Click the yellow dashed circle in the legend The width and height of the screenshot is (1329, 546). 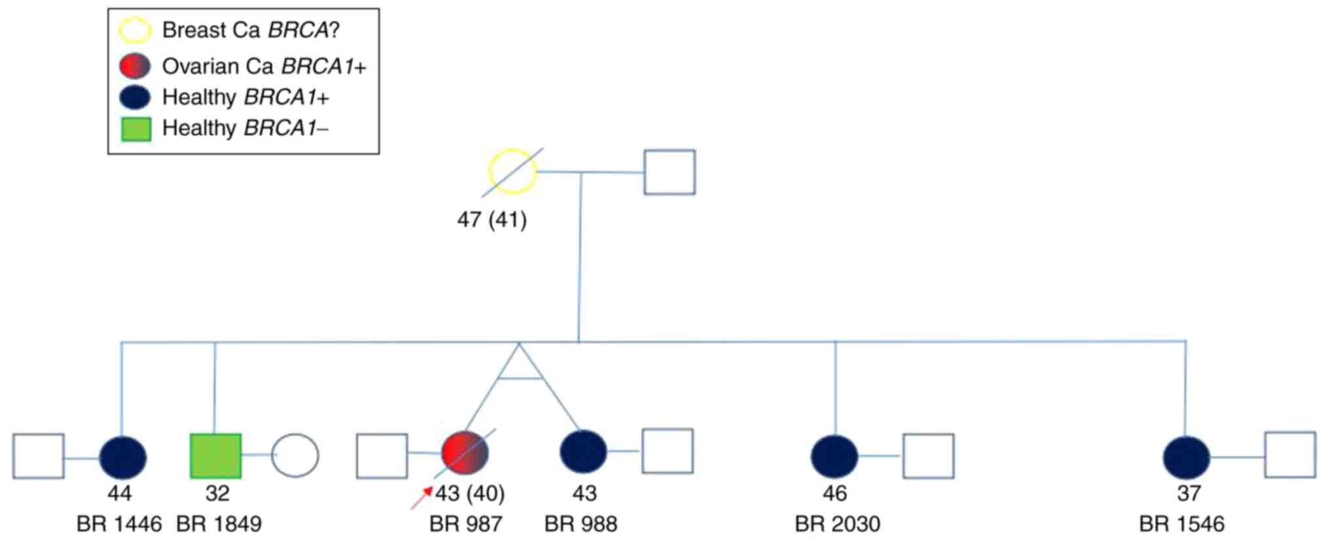tap(135, 30)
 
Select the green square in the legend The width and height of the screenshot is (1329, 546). tap(136, 129)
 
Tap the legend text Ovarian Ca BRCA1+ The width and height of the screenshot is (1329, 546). tap(264, 66)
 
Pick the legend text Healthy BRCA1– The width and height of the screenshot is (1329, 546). tap(245, 128)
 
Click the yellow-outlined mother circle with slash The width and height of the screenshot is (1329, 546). tap(513, 171)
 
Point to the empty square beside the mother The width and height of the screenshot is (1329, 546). tap(669, 172)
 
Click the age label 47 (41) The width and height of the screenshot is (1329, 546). tap(492, 220)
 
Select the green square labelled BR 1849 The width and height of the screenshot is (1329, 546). tap(215, 456)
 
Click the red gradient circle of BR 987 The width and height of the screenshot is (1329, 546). tap(465, 452)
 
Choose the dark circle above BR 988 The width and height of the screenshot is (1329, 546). tap(583, 451)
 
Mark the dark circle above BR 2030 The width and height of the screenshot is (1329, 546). tap(834, 456)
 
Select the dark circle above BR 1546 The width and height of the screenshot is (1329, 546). tap(1186, 456)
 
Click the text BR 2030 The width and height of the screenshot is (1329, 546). tap(837, 524)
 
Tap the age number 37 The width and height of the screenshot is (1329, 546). tap(1188, 493)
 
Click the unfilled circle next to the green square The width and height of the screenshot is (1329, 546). tap(295, 455)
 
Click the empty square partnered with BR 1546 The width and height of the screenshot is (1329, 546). tap(1290, 454)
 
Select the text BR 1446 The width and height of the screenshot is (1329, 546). tap(119, 524)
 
